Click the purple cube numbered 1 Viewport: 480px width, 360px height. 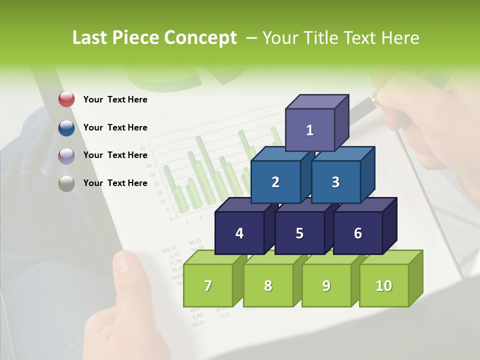[x=310, y=130]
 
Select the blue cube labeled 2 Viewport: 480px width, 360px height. [x=275, y=182]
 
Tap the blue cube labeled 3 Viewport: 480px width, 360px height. [x=335, y=182]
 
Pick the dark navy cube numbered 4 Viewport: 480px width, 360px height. [x=239, y=233]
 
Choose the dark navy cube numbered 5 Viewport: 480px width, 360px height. [x=299, y=233]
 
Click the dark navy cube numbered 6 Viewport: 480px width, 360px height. [x=358, y=233]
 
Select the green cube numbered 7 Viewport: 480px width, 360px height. [x=208, y=285]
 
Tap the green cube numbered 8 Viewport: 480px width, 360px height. [x=268, y=285]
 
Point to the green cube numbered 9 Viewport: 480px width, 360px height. [x=326, y=285]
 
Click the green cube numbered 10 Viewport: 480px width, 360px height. [x=383, y=285]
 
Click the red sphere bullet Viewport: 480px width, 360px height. [x=66, y=99]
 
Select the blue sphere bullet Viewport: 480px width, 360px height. [x=66, y=127]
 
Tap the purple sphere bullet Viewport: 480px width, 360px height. [x=66, y=155]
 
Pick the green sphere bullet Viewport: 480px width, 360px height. [x=66, y=183]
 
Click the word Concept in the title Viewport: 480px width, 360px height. [x=200, y=38]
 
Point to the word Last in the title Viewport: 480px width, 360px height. [x=90, y=38]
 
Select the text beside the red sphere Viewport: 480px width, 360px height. [x=115, y=99]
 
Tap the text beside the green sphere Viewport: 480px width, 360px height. [x=115, y=183]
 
